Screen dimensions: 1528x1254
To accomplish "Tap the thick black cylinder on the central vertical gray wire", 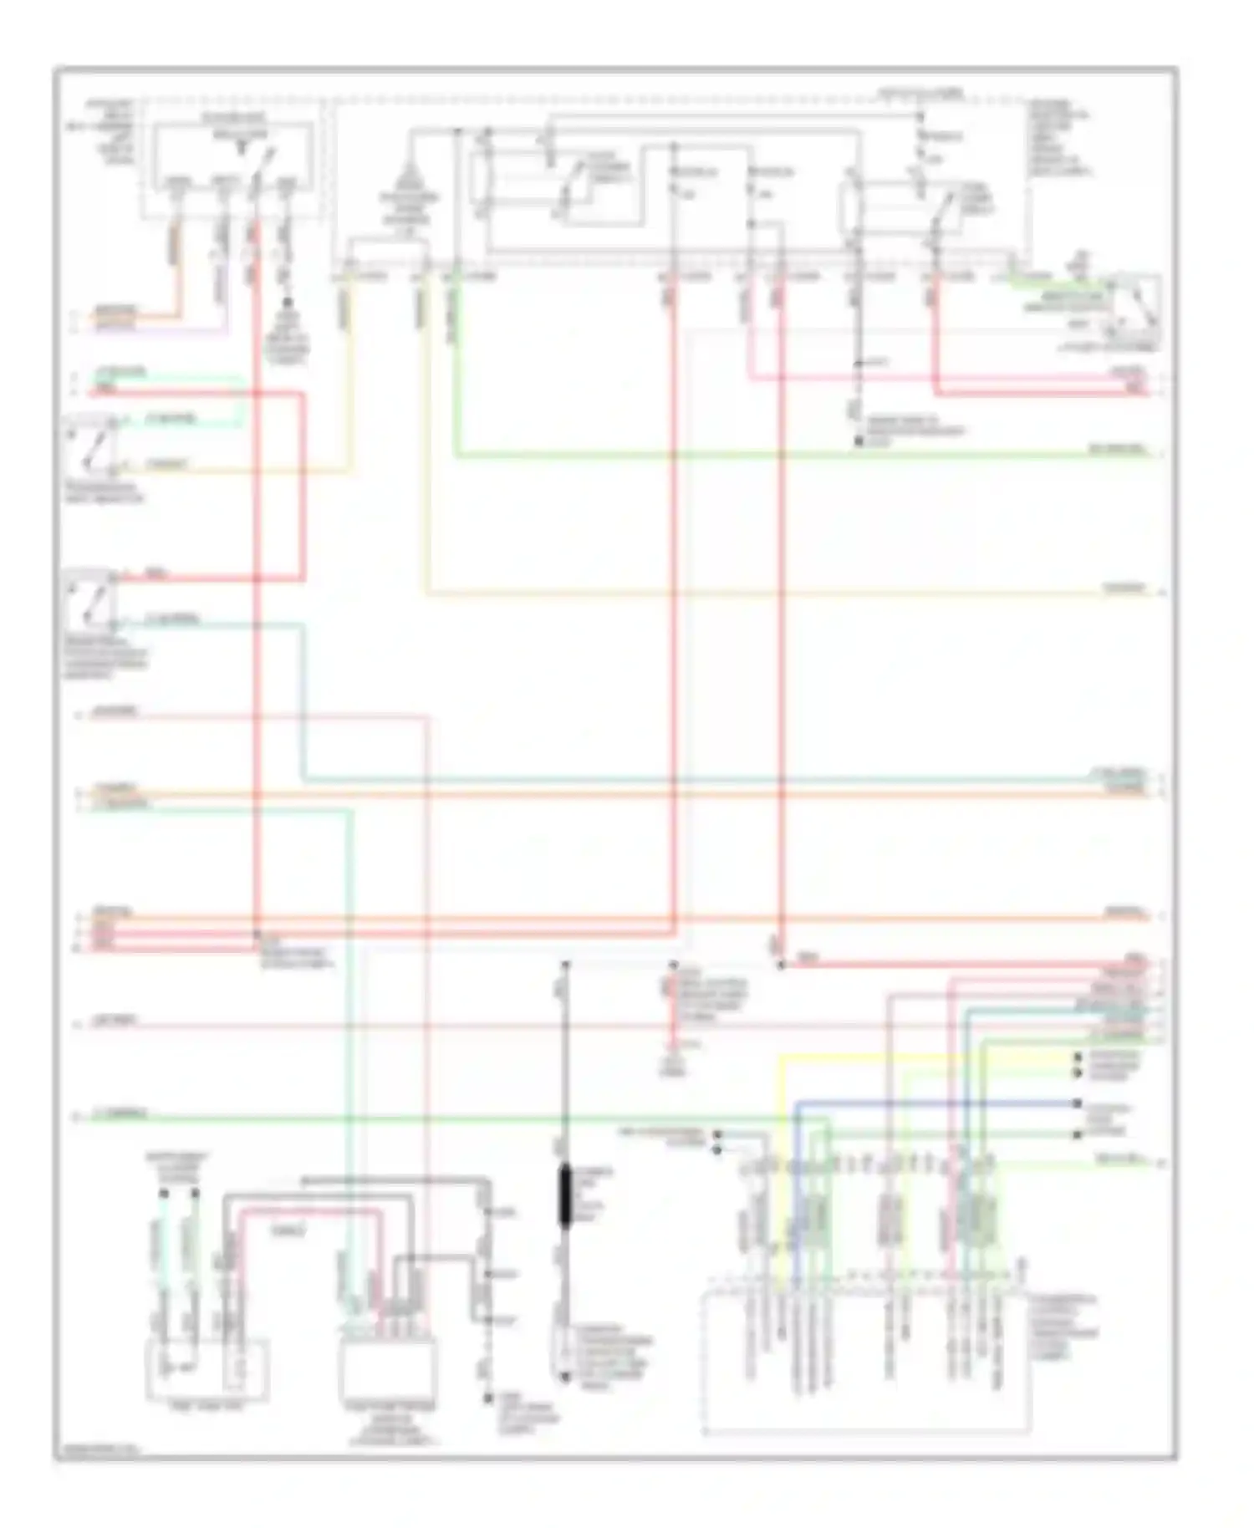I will [565, 1197].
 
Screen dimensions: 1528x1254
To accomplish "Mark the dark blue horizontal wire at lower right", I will [936, 1103].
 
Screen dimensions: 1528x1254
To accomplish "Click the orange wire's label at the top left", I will [114, 311].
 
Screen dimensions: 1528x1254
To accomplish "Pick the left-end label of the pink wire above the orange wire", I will [117, 713].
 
